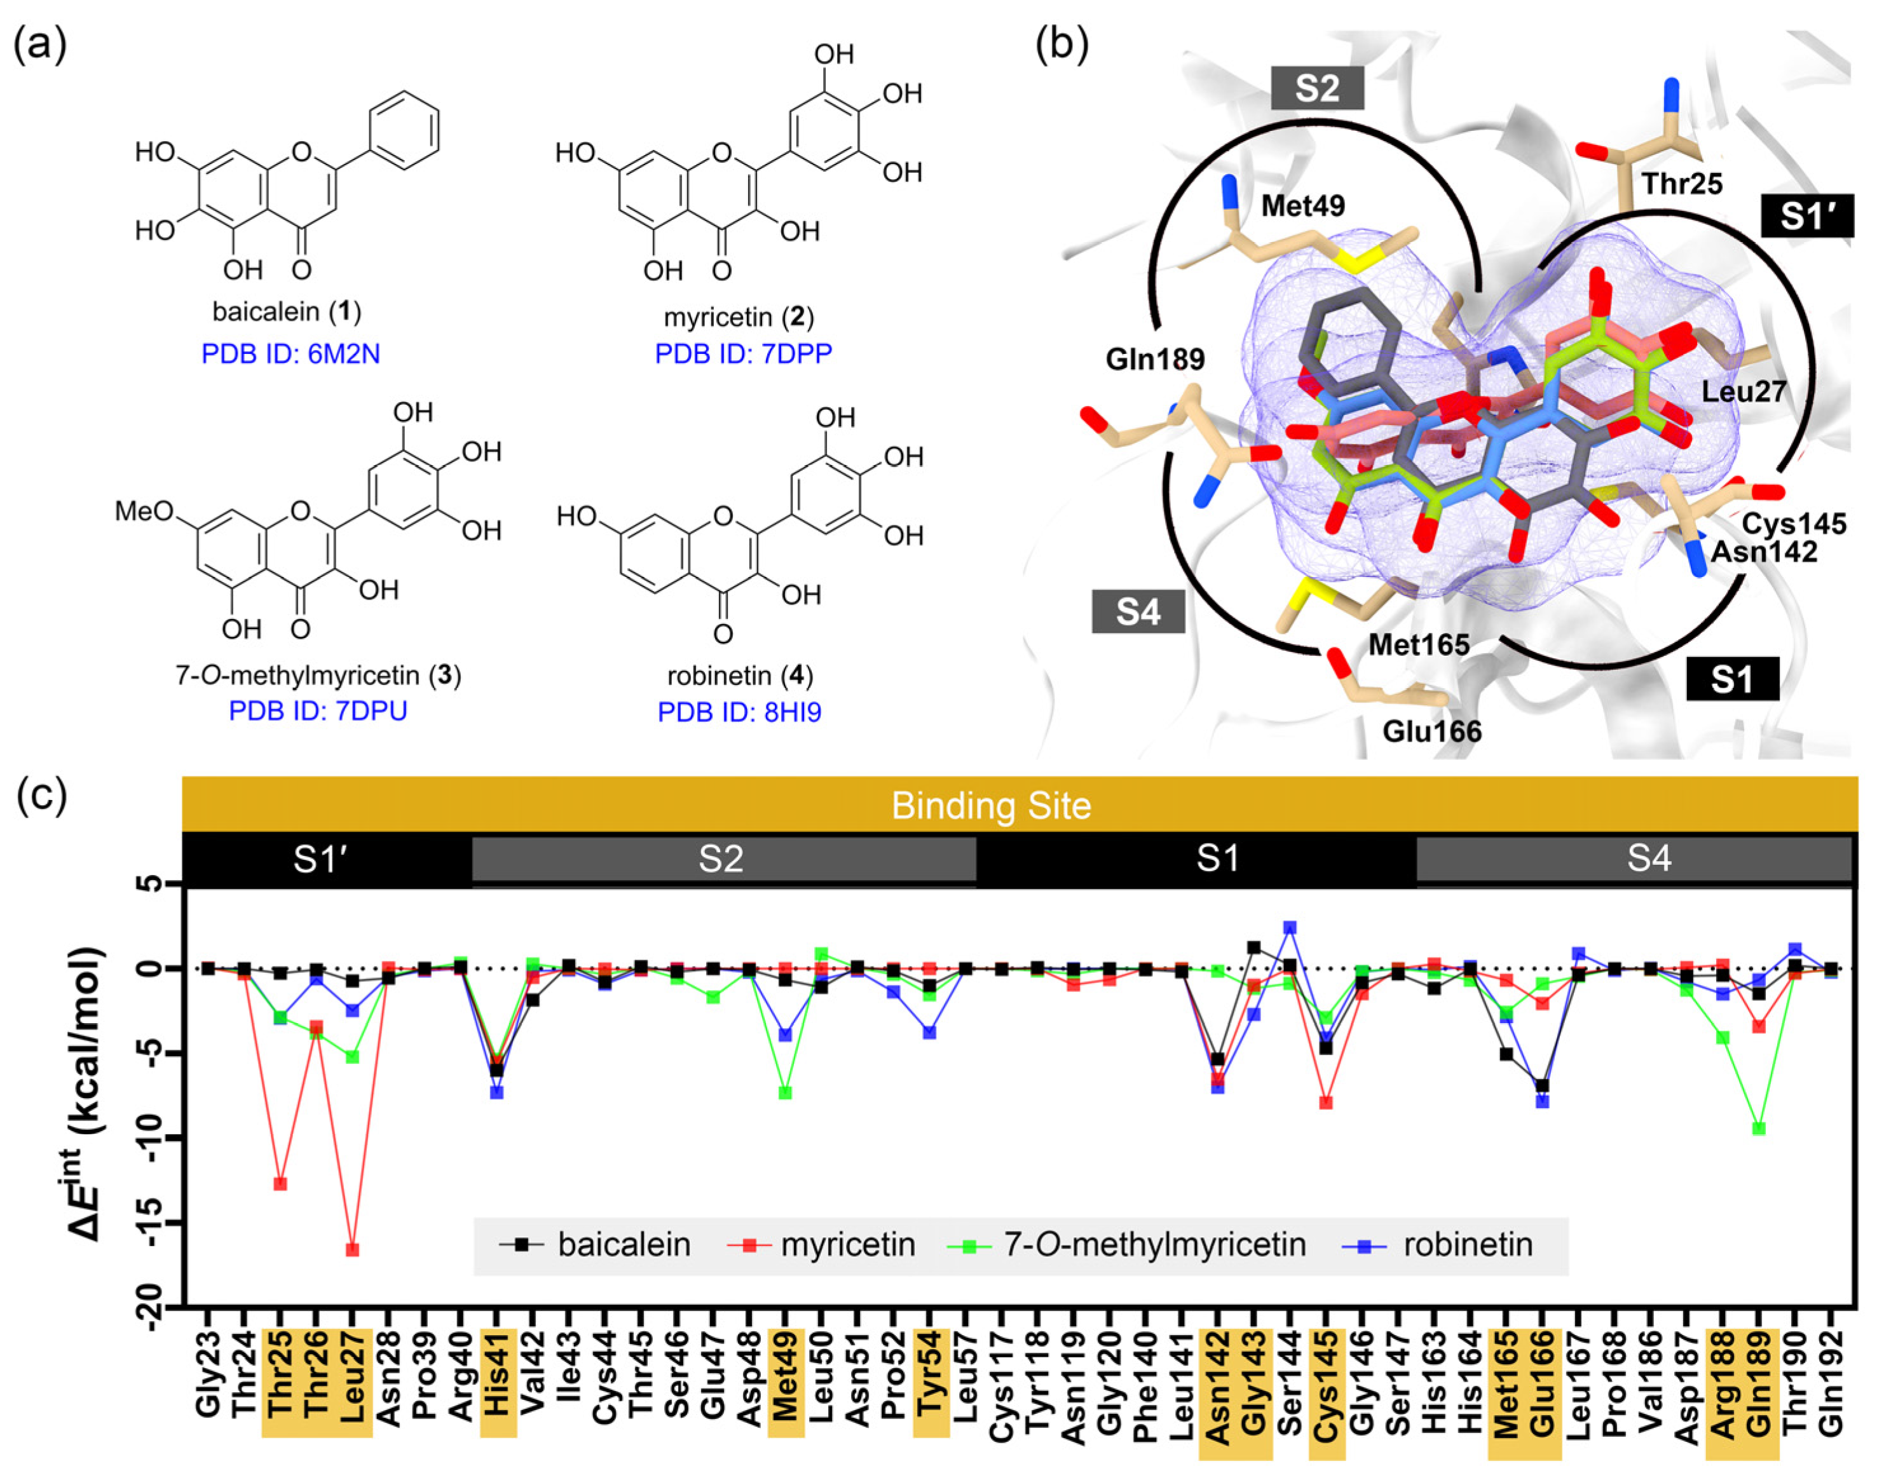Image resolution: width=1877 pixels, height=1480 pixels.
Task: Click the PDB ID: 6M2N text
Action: [290, 355]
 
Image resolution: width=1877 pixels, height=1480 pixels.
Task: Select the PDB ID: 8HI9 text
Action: [739, 712]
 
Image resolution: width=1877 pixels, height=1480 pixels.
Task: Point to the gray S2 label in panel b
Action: [1317, 88]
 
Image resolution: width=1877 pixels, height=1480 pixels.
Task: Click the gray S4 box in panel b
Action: [1138, 612]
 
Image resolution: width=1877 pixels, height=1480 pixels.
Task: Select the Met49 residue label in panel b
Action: [1302, 207]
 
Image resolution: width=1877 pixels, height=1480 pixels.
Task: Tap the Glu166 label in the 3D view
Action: [1431, 732]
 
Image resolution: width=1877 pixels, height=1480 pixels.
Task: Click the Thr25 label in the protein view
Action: [1681, 184]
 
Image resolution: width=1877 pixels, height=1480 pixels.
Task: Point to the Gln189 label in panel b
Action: [1155, 359]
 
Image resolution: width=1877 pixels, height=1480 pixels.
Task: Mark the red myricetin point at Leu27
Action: [352, 1249]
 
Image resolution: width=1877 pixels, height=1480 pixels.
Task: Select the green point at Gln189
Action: [1758, 1128]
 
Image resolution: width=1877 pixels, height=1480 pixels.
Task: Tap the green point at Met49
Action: [785, 1092]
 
